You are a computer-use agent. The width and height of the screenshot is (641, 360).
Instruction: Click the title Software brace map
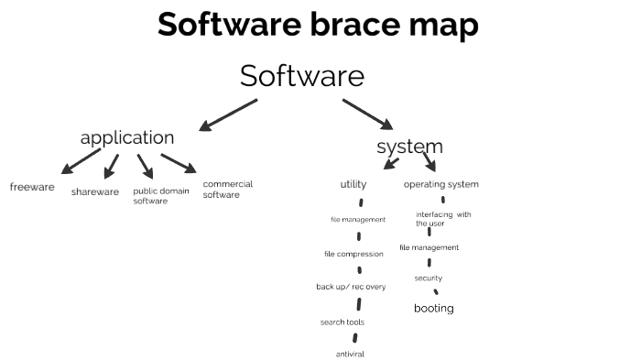tap(318, 25)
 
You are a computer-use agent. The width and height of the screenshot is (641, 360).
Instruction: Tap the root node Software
tap(302, 76)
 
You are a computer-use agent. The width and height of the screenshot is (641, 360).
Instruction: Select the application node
tap(126, 138)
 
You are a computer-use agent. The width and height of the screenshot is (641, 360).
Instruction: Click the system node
tap(409, 147)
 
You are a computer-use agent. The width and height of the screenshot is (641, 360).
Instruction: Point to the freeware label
tap(32, 187)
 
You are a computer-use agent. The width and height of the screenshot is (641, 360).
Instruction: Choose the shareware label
tap(95, 191)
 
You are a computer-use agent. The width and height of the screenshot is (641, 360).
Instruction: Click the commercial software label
tap(227, 189)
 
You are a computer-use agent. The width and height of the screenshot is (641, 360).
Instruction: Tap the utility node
tap(353, 184)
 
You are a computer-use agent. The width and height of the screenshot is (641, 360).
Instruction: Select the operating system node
tap(441, 184)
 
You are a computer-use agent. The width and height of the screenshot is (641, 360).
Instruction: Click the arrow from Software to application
tap(228, 115)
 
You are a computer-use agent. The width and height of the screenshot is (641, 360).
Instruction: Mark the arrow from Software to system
tap(367, 115)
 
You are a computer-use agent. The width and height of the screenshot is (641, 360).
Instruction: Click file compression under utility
tap(353, 254)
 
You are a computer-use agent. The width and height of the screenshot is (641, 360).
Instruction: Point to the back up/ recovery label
tap(351, 287)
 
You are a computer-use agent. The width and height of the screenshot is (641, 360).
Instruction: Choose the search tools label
tap(342, 322)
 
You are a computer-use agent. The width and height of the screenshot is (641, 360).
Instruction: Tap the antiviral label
tap(351, 354)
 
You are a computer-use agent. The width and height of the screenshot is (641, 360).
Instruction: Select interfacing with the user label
tap(443, 218)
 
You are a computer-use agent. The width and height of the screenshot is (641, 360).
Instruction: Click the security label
tap(428, 278)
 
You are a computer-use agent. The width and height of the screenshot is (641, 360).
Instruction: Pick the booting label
tap(434, 308)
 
